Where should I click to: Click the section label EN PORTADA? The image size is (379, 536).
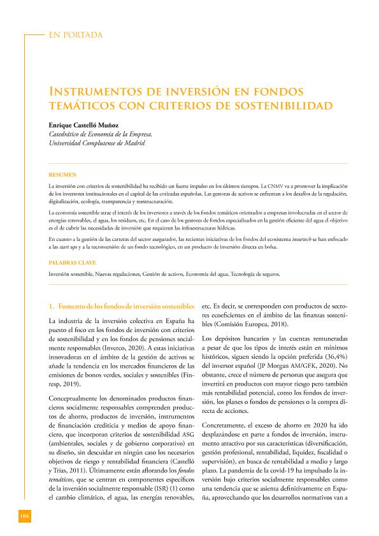click(x=75, y=35)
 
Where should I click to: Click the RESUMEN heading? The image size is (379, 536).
click(x=62, y=174)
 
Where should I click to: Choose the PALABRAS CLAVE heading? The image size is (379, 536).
click(x=71, y=262)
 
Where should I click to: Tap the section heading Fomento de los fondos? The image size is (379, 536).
click(x=121, y=305)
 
